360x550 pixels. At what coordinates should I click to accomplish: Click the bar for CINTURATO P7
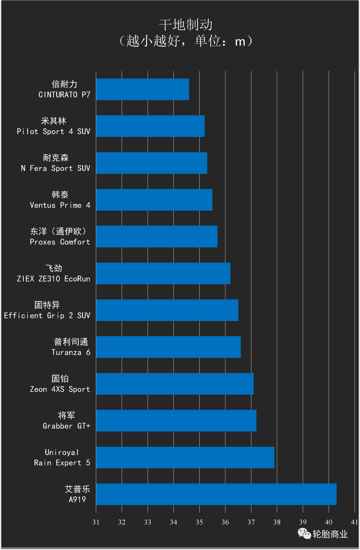coord(142,89)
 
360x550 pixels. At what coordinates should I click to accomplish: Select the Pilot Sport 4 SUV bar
coord(150,126)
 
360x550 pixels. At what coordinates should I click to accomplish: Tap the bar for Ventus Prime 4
coord(154,200)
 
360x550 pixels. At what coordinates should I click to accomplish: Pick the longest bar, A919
coord(216,494)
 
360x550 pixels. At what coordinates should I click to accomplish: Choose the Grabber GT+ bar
coord(176,420)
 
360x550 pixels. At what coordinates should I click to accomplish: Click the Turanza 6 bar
coord(168,347)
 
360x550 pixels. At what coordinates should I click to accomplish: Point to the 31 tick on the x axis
coord(96,522)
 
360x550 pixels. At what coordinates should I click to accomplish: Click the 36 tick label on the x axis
coord(225,522)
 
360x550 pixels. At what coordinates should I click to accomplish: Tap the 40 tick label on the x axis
coord(329,522)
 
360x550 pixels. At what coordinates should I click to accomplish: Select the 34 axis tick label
coord(173,522)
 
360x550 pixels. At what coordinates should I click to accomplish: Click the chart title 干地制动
coord(186,25)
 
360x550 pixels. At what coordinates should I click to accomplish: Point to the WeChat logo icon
coord(304,533)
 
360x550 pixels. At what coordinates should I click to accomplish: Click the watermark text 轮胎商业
coord(330,534)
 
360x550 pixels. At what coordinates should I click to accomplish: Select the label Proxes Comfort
coord(60,242)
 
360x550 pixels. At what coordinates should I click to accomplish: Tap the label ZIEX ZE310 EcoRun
coord(54,279)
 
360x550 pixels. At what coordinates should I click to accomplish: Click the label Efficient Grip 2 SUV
coord(47,315)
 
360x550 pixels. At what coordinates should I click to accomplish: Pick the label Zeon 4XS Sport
coord(60,389)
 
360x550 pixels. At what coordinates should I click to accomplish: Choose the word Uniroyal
coord(62,452)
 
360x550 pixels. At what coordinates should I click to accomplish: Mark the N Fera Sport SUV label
coord(56,168)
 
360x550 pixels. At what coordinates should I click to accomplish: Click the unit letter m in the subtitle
coord(240,42)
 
